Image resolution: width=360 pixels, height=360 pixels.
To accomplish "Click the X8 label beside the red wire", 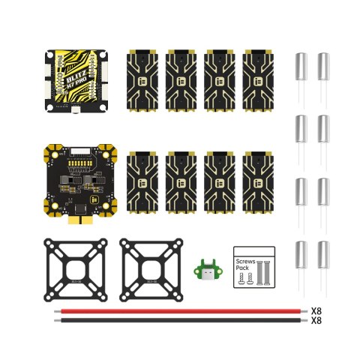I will pyautogui.click(x=316, y=310).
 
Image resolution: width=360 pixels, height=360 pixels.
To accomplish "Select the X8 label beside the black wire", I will pyautogui.click(x=316, y=320).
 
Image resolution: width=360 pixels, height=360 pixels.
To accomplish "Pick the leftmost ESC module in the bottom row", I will pyautogui.click(x=145, y=180).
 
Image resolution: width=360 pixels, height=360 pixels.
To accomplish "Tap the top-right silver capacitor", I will pyautogui.click(x=324, y=69).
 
